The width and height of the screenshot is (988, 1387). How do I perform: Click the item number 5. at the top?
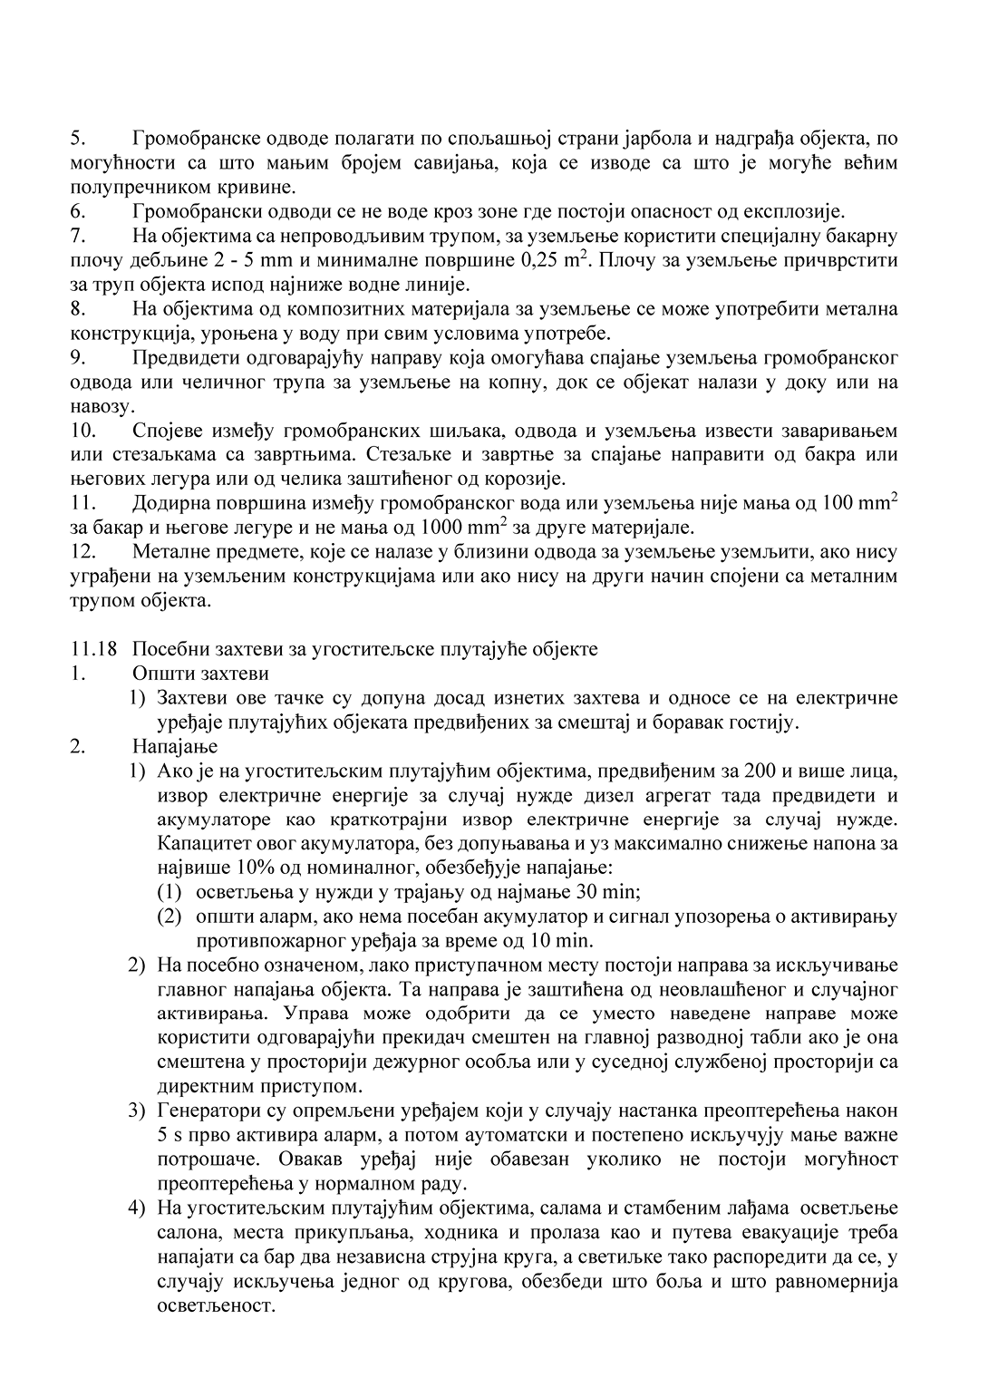click(x=77, y=139)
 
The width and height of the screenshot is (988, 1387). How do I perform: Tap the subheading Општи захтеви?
click(x=200, y=674)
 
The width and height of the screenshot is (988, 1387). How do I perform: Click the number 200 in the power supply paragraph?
click(x=759, y=771)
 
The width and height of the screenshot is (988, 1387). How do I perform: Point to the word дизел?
click(x=619, y=796)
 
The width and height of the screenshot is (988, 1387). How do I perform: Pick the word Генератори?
click(x=208, y=1111)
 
